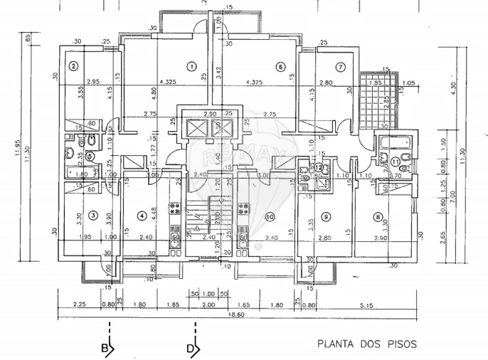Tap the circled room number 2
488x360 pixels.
pyautogui.click(x=73, y=67)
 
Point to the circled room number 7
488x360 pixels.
pyautogui.click(x=341, y=67)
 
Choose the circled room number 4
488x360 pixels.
pyautogui.click(x=142, y=216)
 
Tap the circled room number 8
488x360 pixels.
pyautogui.click(x=377, y=216)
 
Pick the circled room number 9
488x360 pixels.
pyautogui.click(x=326, y=216)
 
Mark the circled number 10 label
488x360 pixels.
pyautogui.click(x=269, y=216)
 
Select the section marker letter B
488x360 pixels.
pyautogui.click(x=105, y=349)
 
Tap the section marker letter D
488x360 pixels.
pyautogui.click(x=191, y=349)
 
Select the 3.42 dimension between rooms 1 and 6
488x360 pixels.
pyautogui.click(x=218, y=71)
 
